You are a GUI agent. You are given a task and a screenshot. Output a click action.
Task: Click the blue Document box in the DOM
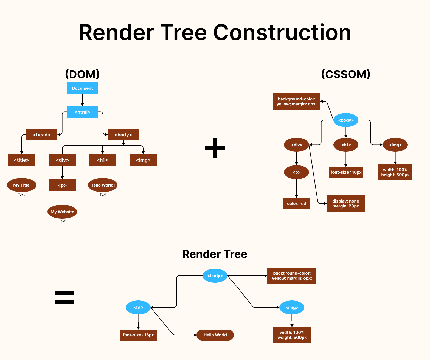82,88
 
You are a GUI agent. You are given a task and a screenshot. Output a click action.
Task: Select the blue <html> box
82,112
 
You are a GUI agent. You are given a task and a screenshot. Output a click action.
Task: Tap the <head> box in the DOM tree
42,135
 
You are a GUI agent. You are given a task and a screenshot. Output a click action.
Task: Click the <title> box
21,160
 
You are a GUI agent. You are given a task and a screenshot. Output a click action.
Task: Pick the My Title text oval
21,185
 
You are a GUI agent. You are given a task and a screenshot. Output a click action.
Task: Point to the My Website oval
62,212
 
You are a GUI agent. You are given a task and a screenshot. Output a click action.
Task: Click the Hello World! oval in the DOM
103,185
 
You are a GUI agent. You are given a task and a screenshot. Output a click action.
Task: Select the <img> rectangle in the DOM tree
143,160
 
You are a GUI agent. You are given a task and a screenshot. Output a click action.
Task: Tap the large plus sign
215,148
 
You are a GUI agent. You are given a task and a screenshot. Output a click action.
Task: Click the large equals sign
64,297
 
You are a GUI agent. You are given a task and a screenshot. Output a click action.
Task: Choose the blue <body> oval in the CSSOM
346,120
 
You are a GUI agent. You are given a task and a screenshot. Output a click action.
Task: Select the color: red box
296,204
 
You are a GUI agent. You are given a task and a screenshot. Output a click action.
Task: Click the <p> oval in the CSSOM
296,172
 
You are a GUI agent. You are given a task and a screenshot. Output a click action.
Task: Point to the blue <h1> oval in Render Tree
138,308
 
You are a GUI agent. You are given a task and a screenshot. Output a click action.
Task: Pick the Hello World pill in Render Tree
215,335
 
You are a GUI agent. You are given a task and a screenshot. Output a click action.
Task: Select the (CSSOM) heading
346,74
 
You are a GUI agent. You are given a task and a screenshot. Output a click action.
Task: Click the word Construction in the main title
282,32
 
